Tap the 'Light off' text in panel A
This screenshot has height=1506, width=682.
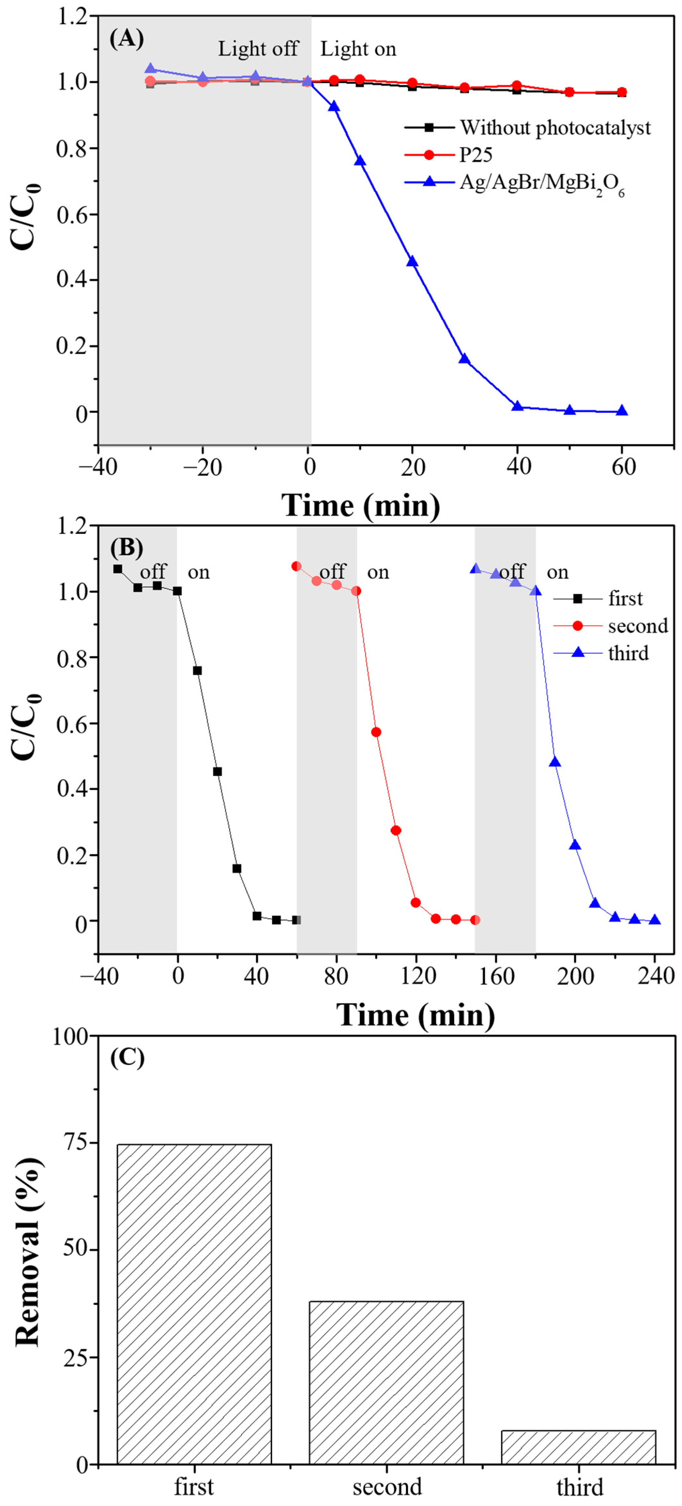[x=258, y=49]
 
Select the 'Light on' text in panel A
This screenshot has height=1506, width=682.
[x=358, y=49]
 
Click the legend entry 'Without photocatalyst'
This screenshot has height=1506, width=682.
[x=554, y=127]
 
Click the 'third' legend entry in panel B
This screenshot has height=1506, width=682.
[x=628, y=653]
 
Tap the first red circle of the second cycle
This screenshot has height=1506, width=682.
[x=296, y=566]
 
